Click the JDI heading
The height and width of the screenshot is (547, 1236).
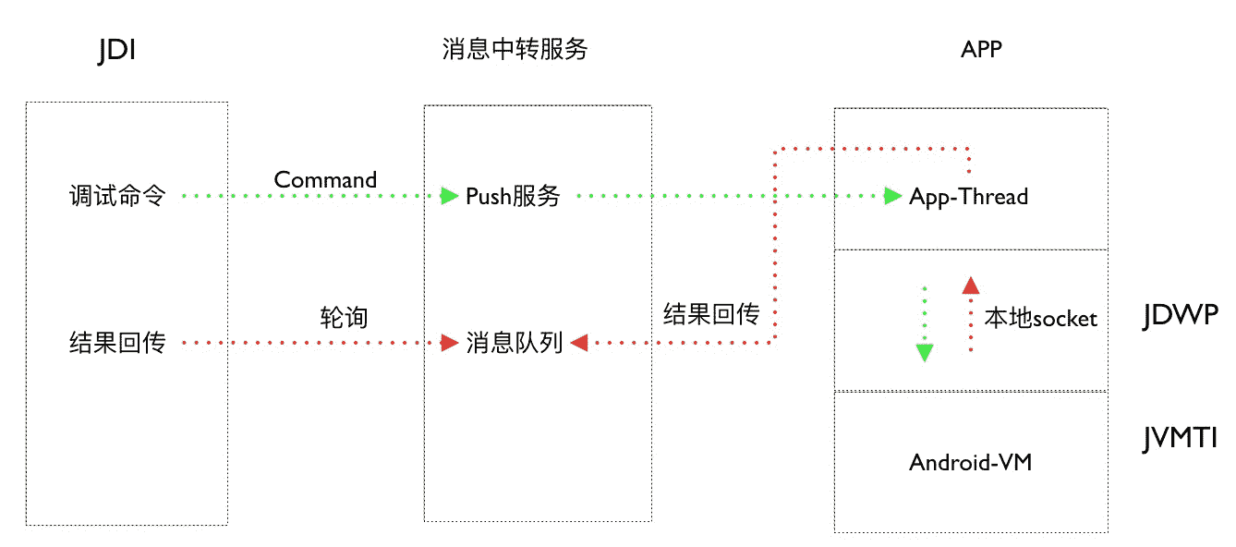coord(117,50)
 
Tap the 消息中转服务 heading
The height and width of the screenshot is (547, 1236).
coord(515,50)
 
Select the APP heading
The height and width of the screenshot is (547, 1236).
coord(981,50)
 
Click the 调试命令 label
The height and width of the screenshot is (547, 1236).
coord(117,196)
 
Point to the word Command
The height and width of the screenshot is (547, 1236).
coord(325,179)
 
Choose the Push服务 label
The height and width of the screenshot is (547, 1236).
coord(513,196)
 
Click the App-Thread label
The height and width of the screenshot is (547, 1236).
coord(968,196)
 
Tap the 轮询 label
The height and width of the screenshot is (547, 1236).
coord(344,318)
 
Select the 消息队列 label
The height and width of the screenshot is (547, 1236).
coord(515,344)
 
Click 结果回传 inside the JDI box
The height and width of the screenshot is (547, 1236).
coord(117,344)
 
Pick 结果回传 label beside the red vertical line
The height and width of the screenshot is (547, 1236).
coord(711,315)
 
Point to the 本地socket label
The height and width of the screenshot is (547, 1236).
coord(1040,319)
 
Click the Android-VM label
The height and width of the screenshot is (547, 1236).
coord(970,462)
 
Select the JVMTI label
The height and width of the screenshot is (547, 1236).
coord(1180,438)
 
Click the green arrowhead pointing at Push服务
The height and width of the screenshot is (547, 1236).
coord(449,196)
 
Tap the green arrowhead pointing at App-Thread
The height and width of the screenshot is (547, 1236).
coord(891,196)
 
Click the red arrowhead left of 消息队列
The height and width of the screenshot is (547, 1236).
coord(450,344)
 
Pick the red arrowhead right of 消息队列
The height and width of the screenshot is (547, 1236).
coord(580,344)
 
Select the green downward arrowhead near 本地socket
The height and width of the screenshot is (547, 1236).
coord(924,352)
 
